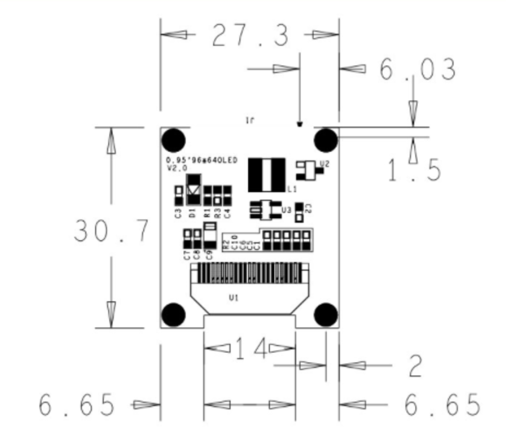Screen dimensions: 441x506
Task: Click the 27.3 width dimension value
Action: click(x=250, y=35)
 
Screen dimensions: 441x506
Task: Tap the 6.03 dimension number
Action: click(x=417, y=70)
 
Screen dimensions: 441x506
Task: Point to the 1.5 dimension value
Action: click(x=414, y=170)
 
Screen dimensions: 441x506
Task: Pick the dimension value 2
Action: click(x=415, y=366)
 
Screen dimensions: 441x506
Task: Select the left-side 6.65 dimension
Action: click(x=77, y=405)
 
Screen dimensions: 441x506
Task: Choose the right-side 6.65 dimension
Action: click(x=442, y=405)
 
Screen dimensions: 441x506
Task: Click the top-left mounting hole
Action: click(x=174, y=140)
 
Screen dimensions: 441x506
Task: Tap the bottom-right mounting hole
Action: click(x=326, y=314)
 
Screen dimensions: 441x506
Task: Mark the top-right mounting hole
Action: click(x=326, y=140)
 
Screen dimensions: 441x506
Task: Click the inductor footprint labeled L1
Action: click(x=266, y=175)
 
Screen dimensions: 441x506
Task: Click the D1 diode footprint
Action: click(x=193, y=190)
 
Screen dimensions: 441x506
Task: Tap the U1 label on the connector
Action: click(x=234, y=299)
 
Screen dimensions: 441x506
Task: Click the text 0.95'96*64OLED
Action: click(x=201, y=160)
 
